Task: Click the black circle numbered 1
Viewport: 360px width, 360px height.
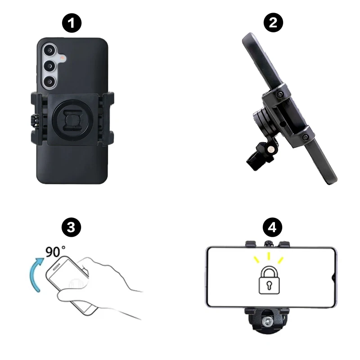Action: tap(72, 23)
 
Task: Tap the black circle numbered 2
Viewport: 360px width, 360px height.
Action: tap(273, 22)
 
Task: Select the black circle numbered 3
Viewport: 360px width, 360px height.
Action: tap(71, 227)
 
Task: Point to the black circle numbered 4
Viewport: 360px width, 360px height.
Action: tap(272, 227)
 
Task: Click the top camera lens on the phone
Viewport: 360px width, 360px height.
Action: tap(49, 50)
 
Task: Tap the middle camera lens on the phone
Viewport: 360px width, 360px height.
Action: tap(49, 66)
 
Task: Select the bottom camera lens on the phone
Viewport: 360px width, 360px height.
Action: tap(49, 82)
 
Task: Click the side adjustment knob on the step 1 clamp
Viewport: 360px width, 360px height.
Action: tap(34, 120)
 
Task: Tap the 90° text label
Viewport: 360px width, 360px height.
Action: tap(55, 252)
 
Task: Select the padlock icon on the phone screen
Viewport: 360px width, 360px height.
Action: tap(269, 280)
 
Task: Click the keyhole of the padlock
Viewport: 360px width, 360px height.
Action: tap(269, 285)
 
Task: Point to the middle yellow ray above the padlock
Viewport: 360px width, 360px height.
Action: tap(269, 256)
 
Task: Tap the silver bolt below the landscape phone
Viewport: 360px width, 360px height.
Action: tap(267, 321)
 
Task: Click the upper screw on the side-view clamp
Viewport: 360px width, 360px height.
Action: tap(279, 94)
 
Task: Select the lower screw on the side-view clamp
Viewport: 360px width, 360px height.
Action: tap(305, 137)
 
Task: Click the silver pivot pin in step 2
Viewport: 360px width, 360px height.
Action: tap(271, 150)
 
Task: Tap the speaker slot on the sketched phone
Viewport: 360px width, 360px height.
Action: tap(56, 267)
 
